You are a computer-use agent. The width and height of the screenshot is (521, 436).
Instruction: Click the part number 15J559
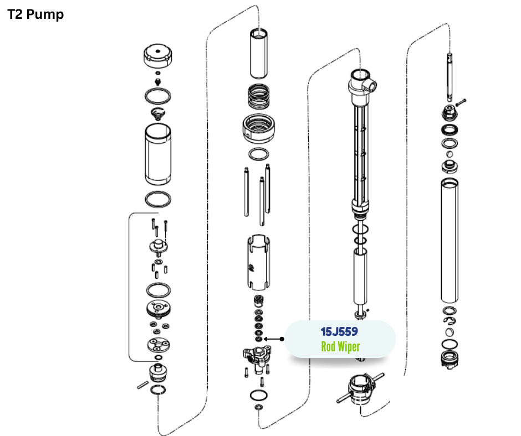(x=339, y=331)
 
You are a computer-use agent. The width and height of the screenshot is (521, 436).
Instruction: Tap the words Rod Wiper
(x=340, y=346)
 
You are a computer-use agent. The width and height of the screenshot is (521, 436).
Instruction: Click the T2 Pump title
(x=35, y=14)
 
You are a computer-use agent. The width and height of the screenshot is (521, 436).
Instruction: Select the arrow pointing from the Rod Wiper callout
(x=274, y=339)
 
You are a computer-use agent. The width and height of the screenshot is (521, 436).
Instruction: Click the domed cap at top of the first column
(x=158, y=55)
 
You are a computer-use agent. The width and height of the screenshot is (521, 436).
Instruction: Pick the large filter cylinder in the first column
(x=158, y=154)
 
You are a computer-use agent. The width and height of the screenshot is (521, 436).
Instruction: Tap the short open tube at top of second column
(x=258, y=54)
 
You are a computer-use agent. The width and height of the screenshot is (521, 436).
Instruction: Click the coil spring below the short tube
(x=258, y=96)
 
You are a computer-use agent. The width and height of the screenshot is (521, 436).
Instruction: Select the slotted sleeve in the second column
(x=258, y=262)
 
